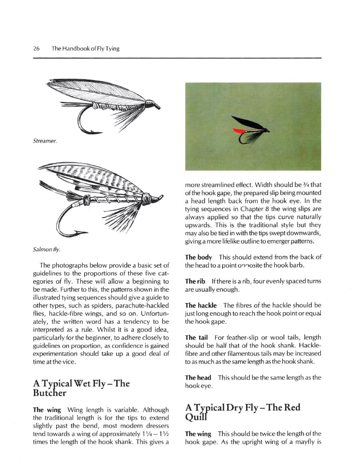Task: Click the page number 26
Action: (x=37, y=48)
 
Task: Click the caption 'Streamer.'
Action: (x=44, y=141)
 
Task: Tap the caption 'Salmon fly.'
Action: (x=46, y=249)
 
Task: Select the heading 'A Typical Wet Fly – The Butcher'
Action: (x=81, y=388)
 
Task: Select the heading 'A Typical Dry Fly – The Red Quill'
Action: (x=242, y=412)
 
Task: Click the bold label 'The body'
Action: (x=198, y=257)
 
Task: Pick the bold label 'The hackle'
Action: (x=201, y=305)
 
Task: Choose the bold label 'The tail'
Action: (x=196, y=337)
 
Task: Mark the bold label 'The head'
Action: (x=198, y=377)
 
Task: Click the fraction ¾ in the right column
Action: (x=307, y=185)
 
